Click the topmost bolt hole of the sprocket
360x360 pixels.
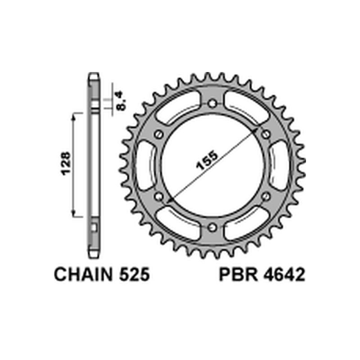(212, 103)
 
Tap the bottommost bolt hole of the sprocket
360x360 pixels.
(212, 228)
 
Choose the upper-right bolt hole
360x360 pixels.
(266, 135)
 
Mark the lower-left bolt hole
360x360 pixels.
(158, 197)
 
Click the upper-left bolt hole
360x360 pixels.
(158, 135)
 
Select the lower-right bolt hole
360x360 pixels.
(266, 197)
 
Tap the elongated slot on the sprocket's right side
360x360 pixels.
(278, 166)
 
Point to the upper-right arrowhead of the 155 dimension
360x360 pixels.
(258, 130)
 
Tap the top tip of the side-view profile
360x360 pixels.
(93, 75)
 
